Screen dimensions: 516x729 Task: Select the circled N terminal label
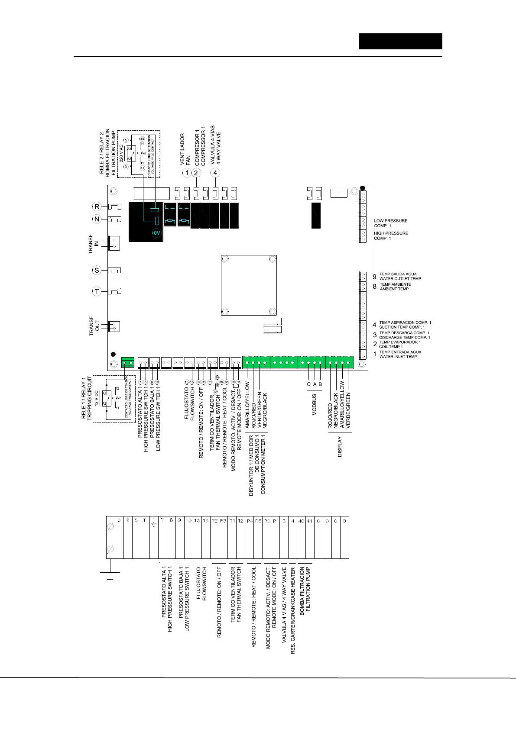click(97, 219)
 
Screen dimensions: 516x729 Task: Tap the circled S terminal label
click(97, 270)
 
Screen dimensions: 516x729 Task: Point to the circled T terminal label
click(97, 291)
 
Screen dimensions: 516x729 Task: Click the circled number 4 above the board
click(215, 173)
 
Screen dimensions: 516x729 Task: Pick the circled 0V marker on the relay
click(156, 233)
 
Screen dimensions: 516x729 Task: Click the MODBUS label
click(315, 405)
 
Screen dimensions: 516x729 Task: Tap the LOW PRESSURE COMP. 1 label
click(390, 223)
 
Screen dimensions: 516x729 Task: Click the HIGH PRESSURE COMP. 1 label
click(391, 236)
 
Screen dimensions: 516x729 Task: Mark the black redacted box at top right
click(400, 41)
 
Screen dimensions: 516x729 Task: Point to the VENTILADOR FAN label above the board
click(185, 149)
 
